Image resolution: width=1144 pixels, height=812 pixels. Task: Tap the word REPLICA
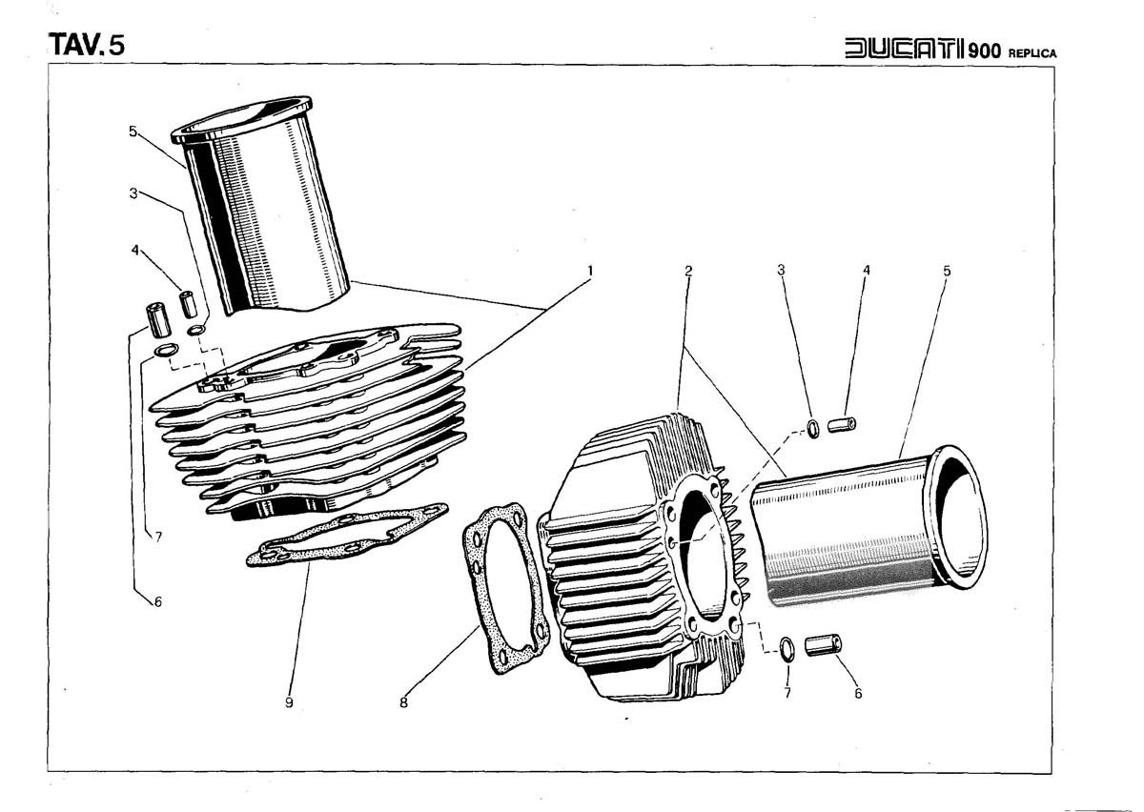tap(1032, 52)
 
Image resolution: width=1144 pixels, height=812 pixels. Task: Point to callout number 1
tap(590, 271)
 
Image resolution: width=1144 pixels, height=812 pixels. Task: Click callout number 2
tap(687, 271)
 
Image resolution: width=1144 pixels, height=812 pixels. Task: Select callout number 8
tap(403, 703)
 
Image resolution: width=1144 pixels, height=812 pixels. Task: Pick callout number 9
tap(288, 703)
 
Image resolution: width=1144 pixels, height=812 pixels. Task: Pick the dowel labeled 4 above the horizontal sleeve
tap(843, 423)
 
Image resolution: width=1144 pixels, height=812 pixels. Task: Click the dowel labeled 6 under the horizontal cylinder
tap(824, 646)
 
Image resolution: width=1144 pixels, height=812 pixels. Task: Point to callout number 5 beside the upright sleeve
tap(133, 132)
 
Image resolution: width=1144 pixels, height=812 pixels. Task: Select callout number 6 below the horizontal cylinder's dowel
tap(857, 694)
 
